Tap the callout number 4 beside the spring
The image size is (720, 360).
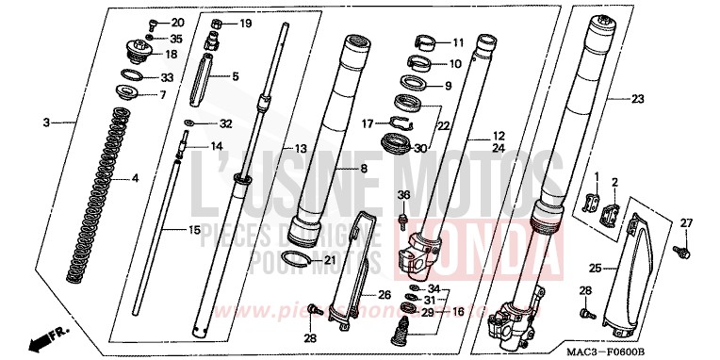[x=134, y=177]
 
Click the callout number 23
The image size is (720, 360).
[x=637, y=99]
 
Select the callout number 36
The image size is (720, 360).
[x=403, y=194]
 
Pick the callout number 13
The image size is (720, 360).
[x=302, y=149]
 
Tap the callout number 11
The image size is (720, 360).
[x=458, y=43]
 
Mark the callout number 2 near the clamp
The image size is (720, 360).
[x=614, y=182]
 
